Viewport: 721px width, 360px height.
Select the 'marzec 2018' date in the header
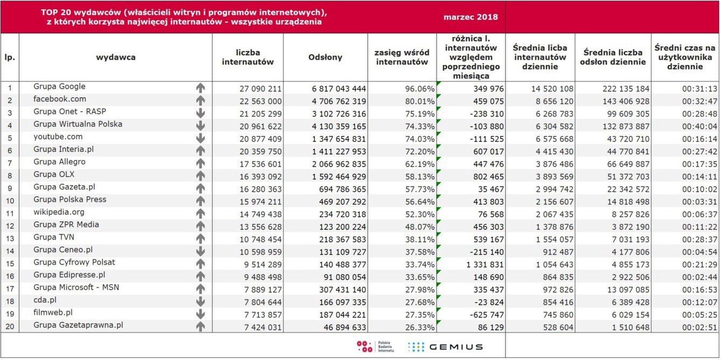coord(471,17)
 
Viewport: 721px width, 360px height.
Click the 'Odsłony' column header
coord(326,57)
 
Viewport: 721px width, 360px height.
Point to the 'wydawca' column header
coord(116,57)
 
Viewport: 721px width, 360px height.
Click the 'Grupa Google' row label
coord(59,87)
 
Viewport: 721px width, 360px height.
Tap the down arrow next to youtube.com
coord(201,138)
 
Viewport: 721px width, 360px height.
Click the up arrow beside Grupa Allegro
coord(201,163)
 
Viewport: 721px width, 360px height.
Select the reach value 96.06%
coord(418,88)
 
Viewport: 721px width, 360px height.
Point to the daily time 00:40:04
coord(699,126)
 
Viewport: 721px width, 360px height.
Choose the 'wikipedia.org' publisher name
coord(59,212)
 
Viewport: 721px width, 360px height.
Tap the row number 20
coord(10,327)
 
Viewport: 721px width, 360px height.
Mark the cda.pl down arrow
coord(201,301)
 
